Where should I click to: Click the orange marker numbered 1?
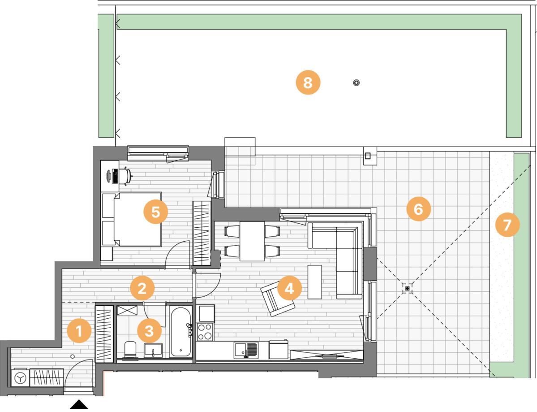coord(79,331)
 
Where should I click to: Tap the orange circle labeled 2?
coord(142,288)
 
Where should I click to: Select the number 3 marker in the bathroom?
coord(149,331)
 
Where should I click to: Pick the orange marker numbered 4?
coord(289,288)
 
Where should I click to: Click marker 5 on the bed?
coord(156,212)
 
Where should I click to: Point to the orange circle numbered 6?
coord(418,209)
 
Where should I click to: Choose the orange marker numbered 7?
coord(507,225)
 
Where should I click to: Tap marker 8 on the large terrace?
coord(308,82)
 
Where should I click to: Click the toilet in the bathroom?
coord(130,350)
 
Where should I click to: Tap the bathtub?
coord(180,332)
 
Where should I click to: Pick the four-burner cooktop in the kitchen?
coord(205,332)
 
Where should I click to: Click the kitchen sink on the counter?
coord(246,350)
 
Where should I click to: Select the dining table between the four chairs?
coord(252,241)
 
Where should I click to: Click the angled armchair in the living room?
coord(278,299)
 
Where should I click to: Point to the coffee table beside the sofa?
coord(315,282)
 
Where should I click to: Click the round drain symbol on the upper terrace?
coord(357,82)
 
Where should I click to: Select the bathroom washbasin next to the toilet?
coord(153,350)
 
